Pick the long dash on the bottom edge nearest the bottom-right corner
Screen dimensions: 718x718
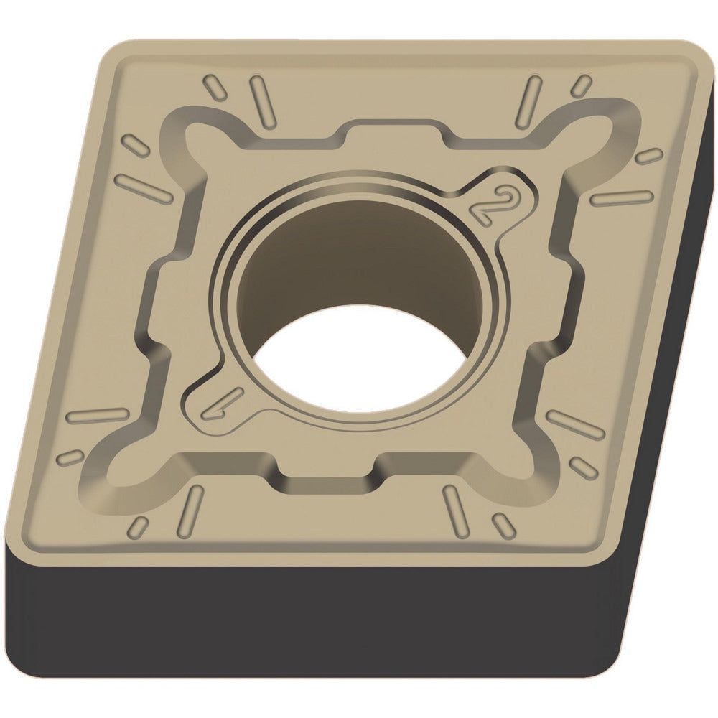pyautogui.click(x=456, y=510)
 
